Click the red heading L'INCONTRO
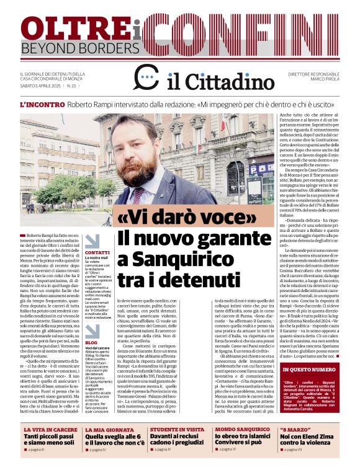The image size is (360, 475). tap(41, 105)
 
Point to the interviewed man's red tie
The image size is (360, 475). tap(138, 195)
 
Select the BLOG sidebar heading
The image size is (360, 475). tap(91, 342)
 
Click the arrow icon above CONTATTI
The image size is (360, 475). tap(92, 241)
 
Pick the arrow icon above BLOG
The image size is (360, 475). tap(92, 329)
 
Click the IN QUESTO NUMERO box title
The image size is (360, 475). tap(308, 369)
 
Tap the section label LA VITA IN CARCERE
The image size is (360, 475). tap(51, 429)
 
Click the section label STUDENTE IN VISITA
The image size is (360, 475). tap(177, 429)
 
